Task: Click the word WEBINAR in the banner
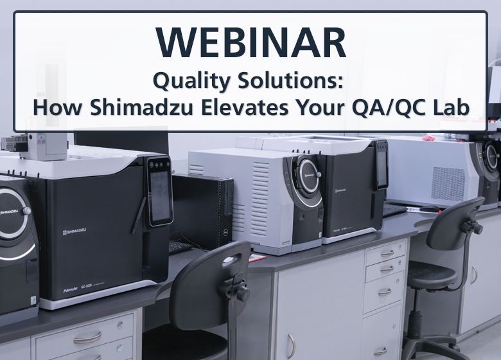[251, 42]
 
